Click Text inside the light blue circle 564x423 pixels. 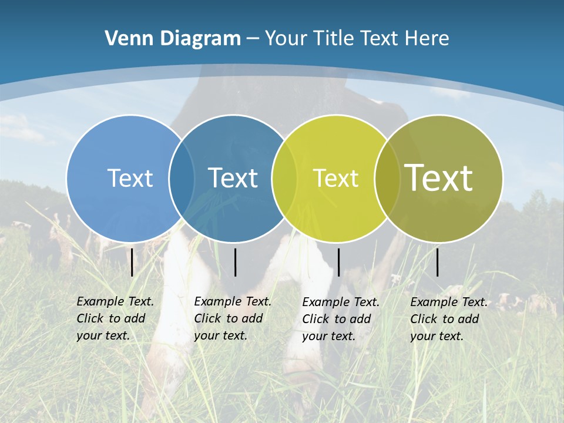click(x=130, y=178)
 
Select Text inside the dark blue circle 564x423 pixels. click(x=233, y=178)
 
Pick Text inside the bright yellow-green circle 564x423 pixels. click(x=335, y=178)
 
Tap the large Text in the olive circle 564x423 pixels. click(x=439, y=177)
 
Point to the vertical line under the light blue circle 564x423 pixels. click(x=132, y=262)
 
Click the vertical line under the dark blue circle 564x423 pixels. click(x=235, y=262)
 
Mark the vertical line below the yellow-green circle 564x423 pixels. click(x=338, y=262)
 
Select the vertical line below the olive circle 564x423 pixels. click(x=437, y=262)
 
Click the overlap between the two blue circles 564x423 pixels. click(x=182, y=179)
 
